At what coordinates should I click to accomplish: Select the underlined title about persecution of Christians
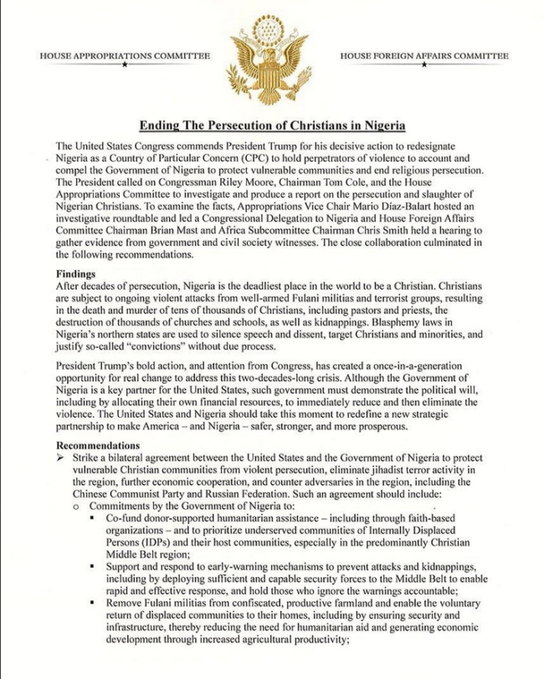pos(272,125)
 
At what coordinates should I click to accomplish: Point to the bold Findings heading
pos(77,273)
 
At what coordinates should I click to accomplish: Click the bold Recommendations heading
pos(98,445)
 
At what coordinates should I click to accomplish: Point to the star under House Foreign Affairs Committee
pos(423,65)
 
